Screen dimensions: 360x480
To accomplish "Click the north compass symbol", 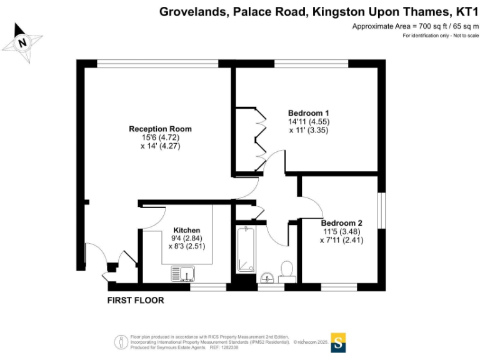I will (x=22, y=43).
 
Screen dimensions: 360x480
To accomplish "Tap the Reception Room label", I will (x=160, y=129).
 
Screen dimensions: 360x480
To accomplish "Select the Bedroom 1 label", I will (x=309, y=113).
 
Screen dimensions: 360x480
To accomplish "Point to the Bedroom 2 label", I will (x=341, y=222).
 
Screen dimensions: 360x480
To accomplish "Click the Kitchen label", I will (x=186, y=229).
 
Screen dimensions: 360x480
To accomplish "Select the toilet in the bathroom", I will (x=287, y=269).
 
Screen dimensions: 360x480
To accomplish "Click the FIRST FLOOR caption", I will (x=136, y=301).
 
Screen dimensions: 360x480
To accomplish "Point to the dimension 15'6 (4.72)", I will (x=160, y=137).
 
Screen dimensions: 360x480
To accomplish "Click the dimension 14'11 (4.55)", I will (x=309, y=122).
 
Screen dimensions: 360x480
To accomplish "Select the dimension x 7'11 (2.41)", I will (x=341, y=239).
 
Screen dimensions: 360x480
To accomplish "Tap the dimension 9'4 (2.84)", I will (x=186, y=237).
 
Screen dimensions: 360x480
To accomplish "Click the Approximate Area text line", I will (x=415, y=26).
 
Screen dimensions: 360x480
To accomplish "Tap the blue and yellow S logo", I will (x=338, y=342).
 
